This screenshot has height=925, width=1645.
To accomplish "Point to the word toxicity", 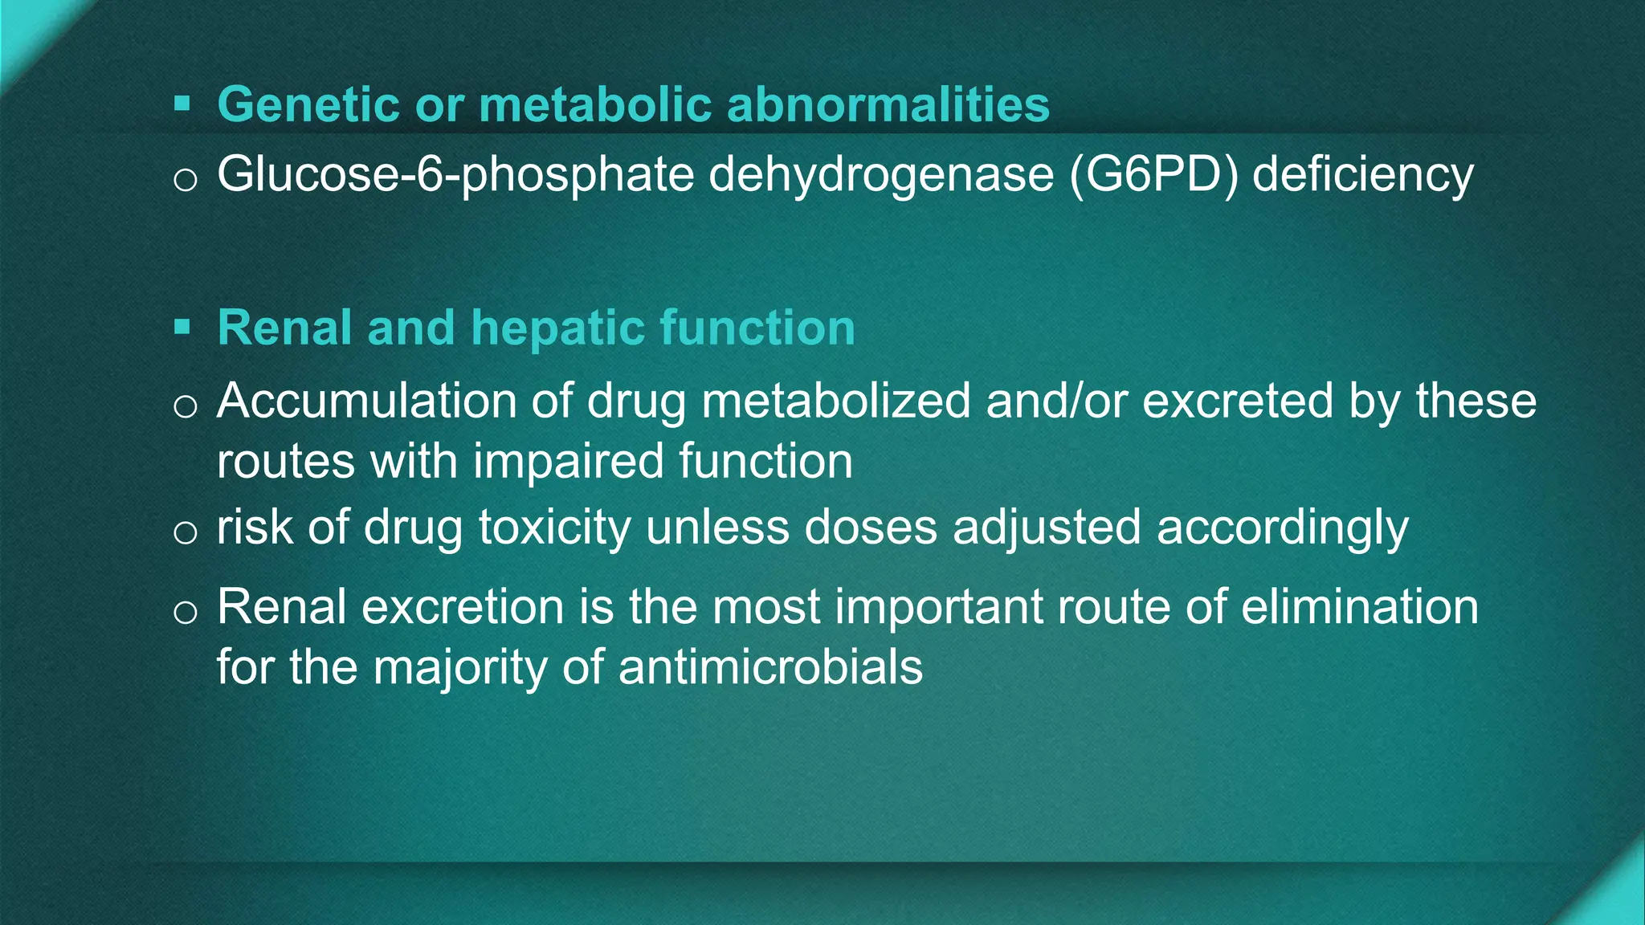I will pos(554,528).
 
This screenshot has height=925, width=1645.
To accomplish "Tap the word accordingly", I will pos(1282,528).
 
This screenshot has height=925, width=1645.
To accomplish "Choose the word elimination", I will pos(1359,606).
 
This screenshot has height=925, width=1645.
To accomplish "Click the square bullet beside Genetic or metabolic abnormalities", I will pos(182,104).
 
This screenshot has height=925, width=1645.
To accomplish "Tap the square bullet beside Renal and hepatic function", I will pos(182,327).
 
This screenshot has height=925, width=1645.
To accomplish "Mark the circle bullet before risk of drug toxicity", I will pos(186,532).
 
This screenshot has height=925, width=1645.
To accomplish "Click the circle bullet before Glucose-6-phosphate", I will pos(186,179).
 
